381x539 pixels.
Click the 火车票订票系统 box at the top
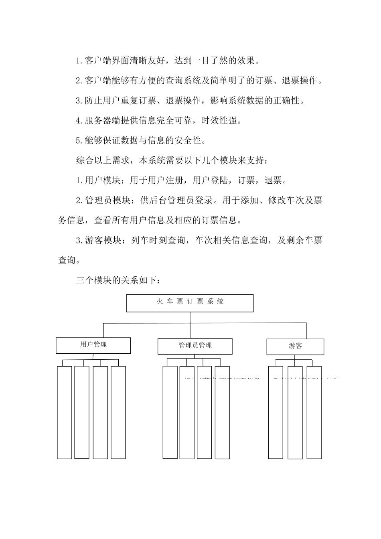190,303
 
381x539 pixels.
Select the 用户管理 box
93,345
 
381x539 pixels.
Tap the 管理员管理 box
195,346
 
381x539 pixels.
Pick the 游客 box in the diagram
295,347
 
